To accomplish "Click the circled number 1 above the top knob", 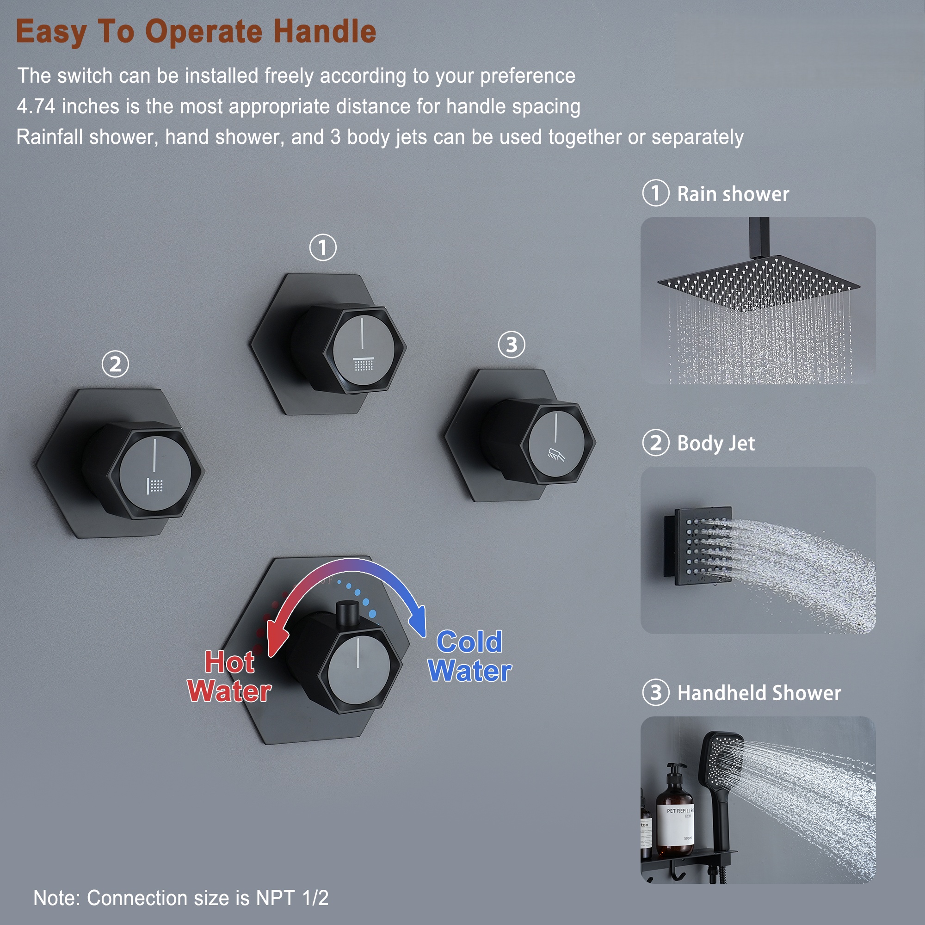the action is click(x=323, y=247).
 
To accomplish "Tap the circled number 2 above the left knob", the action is click(x=115, y=364).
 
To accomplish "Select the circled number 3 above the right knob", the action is click(x=512, y=344).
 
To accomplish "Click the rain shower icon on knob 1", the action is click(x=364, y=364).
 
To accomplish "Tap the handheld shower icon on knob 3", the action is click(x=556, y=454).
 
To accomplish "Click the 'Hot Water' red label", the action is click(x=229, y=677).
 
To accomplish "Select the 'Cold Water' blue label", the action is click(x=470, y=656).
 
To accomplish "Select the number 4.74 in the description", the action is click(x=36, y=106).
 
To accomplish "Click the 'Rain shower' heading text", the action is click(x=733, y=194).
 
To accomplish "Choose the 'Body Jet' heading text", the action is click(x=716, y=444).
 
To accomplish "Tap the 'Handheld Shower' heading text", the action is click(x=759, y=693).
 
